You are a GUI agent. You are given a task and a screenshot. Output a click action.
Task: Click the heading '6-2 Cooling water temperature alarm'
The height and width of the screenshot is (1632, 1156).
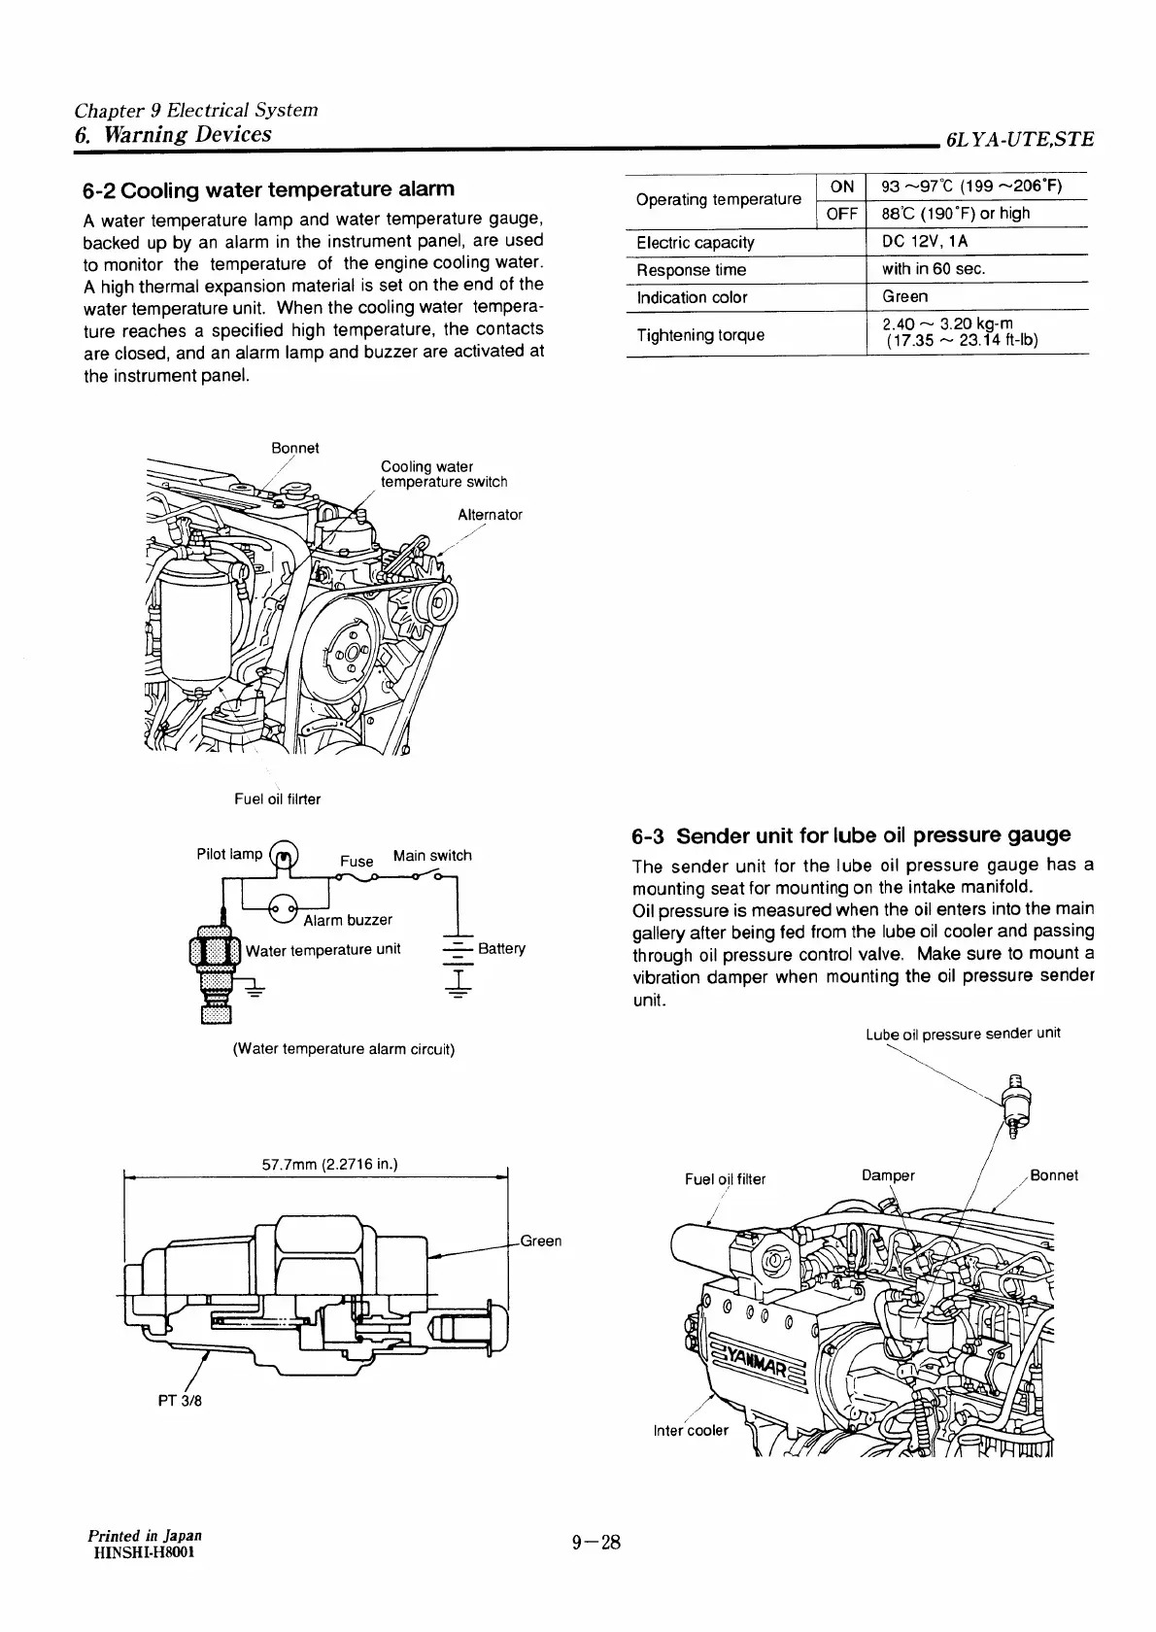(x=269, y=187)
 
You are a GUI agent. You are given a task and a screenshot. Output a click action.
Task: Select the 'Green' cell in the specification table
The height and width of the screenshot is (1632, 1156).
(x=904, y=296)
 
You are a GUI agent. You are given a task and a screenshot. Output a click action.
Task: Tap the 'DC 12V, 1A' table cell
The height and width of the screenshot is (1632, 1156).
(x=924, y=241)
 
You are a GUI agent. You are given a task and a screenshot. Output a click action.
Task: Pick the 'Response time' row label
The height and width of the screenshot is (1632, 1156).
(x=691, y=269)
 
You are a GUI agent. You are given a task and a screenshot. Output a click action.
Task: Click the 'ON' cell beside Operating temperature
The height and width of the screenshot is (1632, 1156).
(x=842, y=186)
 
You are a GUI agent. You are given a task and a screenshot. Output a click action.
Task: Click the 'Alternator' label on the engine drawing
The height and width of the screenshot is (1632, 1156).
(x=490, y=515)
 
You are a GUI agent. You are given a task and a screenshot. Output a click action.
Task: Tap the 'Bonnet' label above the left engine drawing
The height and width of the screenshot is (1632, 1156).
(x=294, y=448)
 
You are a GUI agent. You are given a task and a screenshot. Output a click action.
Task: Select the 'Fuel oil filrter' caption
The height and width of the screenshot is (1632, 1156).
(x=277, y=799)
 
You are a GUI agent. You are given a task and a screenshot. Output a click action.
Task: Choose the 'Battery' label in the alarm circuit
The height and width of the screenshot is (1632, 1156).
(x=501, y=948)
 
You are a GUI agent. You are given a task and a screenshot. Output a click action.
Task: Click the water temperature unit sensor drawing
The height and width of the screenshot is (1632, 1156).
(x=213, y=971)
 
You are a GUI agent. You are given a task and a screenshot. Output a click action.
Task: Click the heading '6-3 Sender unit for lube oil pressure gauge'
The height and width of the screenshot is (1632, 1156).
(x=851, y=835)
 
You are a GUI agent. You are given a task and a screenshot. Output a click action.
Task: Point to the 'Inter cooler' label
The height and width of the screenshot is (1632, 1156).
(x=691, y=1430)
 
